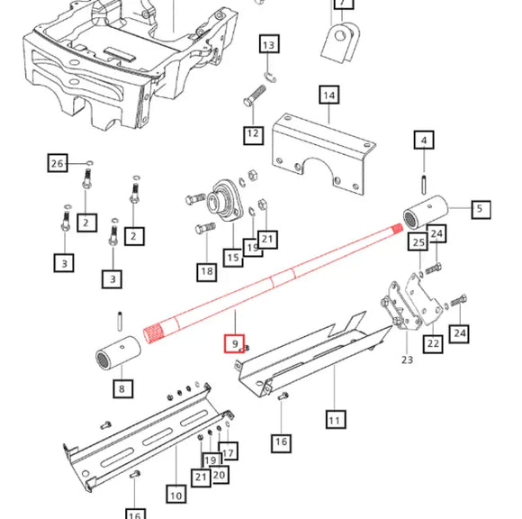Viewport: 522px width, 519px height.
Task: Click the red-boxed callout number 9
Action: (233, 343)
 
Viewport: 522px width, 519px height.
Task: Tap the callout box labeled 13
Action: (269, 44)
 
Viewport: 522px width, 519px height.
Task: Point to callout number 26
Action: (58, 163)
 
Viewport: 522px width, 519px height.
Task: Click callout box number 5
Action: (479, 210)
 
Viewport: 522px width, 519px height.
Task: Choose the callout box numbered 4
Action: (425, 140)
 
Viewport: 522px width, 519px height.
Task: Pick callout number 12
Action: (253, 134)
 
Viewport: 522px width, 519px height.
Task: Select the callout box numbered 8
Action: (121, 390)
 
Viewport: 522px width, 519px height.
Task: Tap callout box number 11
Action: (334, 419)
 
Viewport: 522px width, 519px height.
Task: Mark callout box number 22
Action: (434, 342)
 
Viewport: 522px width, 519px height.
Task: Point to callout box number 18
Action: (206, 270)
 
